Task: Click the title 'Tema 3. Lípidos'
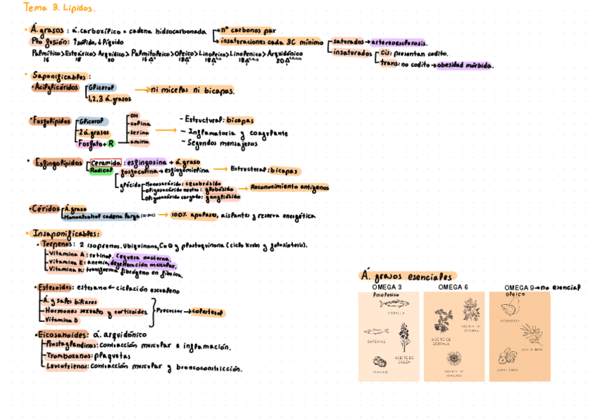coord(59,8)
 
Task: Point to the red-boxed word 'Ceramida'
coord(105,162)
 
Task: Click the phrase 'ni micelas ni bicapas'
coord(193,90)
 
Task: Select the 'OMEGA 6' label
coord(452,287)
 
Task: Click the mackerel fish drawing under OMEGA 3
coord(388,304)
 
